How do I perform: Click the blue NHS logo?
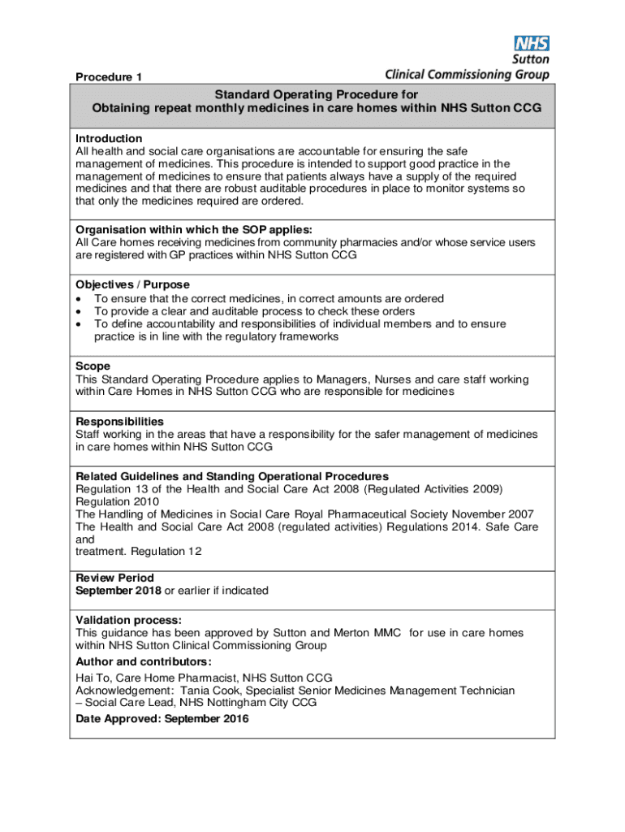[x=532, y=44]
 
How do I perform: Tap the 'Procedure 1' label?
[x=109, y=77]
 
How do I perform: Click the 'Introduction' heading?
[x=109, y=138]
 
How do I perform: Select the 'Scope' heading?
[x=93, y=366]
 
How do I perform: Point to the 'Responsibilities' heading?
[x=119, y=422]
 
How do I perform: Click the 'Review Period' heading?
[x=114, y=578]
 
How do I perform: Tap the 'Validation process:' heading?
[x=128, y=620]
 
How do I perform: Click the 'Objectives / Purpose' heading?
[x=132, y=284]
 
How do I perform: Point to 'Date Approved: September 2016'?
[x=162, y=719]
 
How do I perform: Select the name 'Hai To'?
[x=93, y=678]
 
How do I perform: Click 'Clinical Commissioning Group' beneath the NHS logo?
[x=467, y=75]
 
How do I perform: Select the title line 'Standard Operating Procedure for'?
[x=317, y=94]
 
